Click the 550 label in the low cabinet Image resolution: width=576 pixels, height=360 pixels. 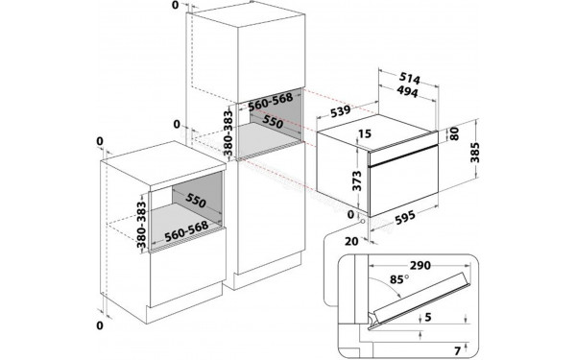point(195,203)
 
